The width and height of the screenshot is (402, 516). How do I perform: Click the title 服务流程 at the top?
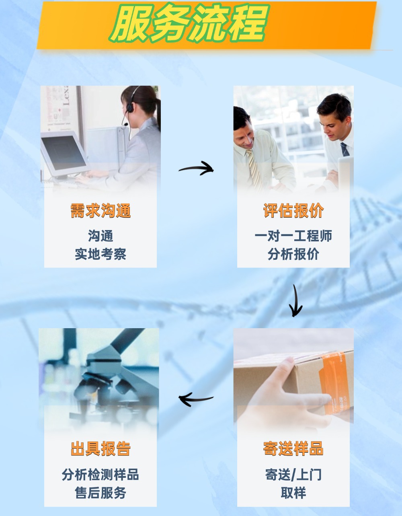pyautogui.click(x=189, y=24)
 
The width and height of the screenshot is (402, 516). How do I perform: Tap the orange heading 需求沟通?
pyautogui.click(x=100, y=210)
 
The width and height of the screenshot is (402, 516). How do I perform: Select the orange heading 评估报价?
pyautogui.click(x=293, y=210)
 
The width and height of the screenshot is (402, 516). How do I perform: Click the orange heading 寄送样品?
pyautogui.click(x=293, y=448)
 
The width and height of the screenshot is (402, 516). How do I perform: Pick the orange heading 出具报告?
pyautogui.click(x=100, y=448)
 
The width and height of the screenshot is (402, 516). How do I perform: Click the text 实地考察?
pyautogui.click(x=100, y=254)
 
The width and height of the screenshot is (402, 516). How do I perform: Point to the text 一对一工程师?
pyautogui.click(x=293, y=236)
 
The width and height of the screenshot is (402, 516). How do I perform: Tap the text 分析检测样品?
pyautogui.click(x=100, y=475)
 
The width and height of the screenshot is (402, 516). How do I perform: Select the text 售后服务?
pyautogui.click(x=100, y=493)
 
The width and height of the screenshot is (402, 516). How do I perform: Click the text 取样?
pyautogui.click(x=293, y=493)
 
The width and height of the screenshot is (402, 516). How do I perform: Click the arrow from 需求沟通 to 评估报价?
pyautogui.click(x=196, y=169)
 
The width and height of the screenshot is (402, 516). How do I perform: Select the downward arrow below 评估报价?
pyautogui.click(x=296, y=301)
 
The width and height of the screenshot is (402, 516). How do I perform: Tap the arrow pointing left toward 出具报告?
pyautogui.click(x=196, y=399)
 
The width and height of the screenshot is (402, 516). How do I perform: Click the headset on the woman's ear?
pyautogui.click(x=129, y=107)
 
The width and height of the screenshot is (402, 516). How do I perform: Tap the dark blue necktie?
pyautogui.click(x=345, y=150)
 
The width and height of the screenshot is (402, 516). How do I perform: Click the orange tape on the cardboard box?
pyautogui.click(x=330, y=382)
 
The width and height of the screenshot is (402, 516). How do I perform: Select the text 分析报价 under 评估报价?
pyautogui.click(x=293, y=254)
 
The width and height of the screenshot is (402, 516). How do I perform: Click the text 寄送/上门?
pyautogui.click(x=293, y=475)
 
